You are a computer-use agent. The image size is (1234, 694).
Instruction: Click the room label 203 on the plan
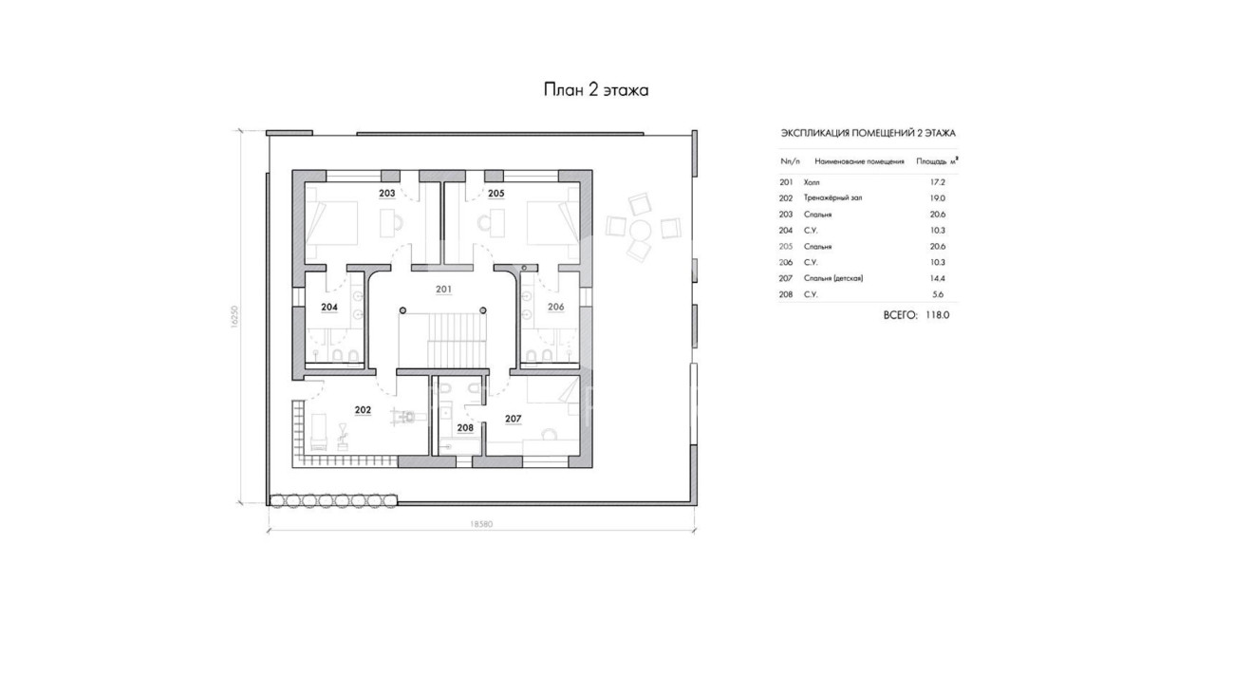(x=387, y=194)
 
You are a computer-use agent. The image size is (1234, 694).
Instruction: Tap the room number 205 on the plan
(x=495, y=194)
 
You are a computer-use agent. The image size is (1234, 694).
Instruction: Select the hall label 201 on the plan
(x=443, y=290)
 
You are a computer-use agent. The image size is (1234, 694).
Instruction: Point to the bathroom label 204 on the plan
(x=329, y=308)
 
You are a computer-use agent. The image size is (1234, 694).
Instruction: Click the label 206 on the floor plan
(x=556, y=307)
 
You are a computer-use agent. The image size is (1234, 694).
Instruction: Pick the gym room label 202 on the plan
(x=363, y=410)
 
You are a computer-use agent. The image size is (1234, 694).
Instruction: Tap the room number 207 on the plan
(x=513, y=420)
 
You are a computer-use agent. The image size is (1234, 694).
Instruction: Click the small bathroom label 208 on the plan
(x=465, y=428)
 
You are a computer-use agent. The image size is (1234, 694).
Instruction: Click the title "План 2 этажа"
(x=596, y=90)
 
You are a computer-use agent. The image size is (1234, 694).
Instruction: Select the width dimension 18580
(x=481, y=524)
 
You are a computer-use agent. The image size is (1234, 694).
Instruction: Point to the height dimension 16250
(x=234, y=317)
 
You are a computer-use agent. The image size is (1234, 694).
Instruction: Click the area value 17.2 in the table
(x=937, y=182)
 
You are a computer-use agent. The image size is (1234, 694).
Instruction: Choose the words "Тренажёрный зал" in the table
(x=833, y=197)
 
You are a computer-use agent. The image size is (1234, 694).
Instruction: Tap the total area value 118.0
(x=937, y=315)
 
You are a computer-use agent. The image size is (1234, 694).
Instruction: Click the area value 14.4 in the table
(x=937, y=279)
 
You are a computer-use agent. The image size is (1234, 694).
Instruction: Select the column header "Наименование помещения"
(x=859, y=162)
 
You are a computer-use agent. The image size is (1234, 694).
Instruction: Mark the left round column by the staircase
(x=402, y=310)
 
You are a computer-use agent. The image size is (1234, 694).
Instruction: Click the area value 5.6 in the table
(x=938, y=294)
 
